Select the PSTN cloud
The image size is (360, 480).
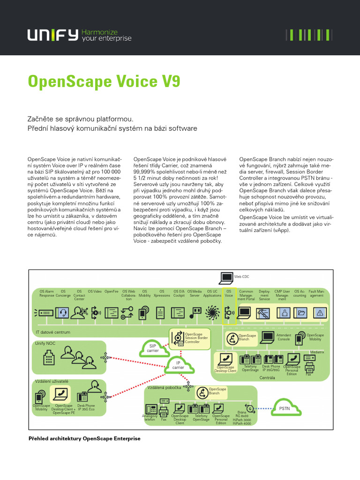tap(285, 408)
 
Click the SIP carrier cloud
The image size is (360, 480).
tap(153, 348)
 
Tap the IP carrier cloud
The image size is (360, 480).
tap(178, 365)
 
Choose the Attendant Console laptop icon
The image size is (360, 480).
tap(268, 337)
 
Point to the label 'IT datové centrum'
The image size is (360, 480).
tap(53, 332)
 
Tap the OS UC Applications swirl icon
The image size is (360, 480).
tap(212, 312)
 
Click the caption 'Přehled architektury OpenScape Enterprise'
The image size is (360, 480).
tap(84, 439)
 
